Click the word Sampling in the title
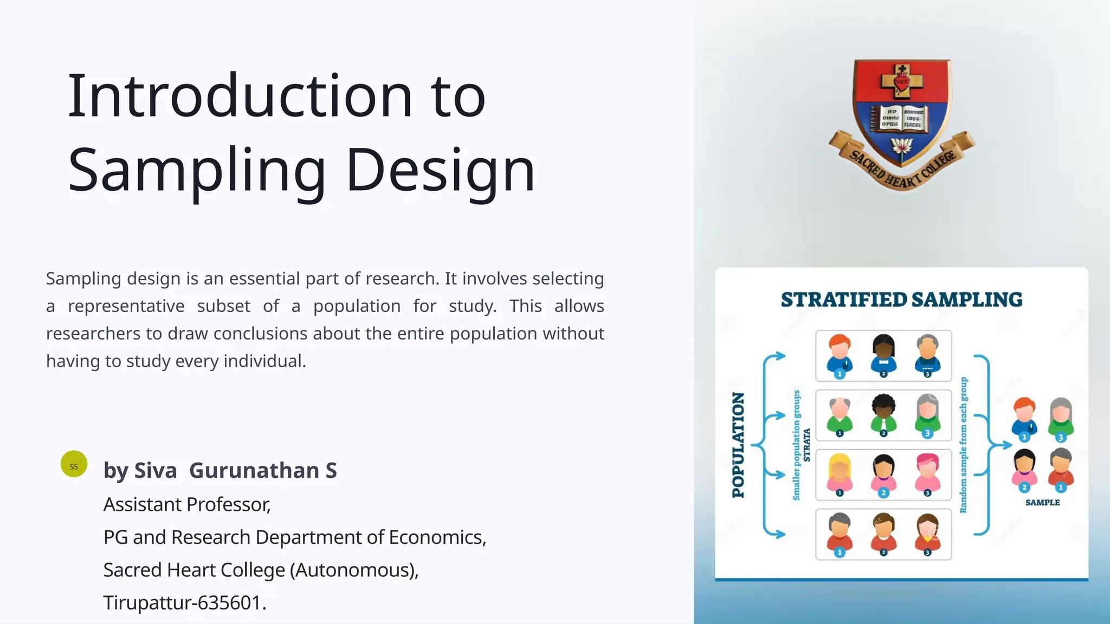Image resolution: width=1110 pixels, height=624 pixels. [196, 171]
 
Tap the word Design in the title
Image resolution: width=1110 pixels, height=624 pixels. [440, 171]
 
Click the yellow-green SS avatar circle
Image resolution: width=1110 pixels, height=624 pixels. [74, 464]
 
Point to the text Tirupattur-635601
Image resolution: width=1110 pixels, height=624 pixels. [185, 602]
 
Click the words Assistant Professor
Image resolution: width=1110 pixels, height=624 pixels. [187, 504]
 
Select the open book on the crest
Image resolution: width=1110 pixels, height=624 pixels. [900, 118]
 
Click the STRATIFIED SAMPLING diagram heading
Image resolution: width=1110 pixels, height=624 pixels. [901, 300]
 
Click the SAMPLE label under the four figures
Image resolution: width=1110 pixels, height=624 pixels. [1042, 502]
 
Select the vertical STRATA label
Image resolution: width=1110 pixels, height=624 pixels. [806, 444]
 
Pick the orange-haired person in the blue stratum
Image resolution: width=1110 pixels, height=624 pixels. [840, 355]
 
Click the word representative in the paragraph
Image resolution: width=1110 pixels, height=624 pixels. [126, 306]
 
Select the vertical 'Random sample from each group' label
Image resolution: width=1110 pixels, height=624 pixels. [963, 444]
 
